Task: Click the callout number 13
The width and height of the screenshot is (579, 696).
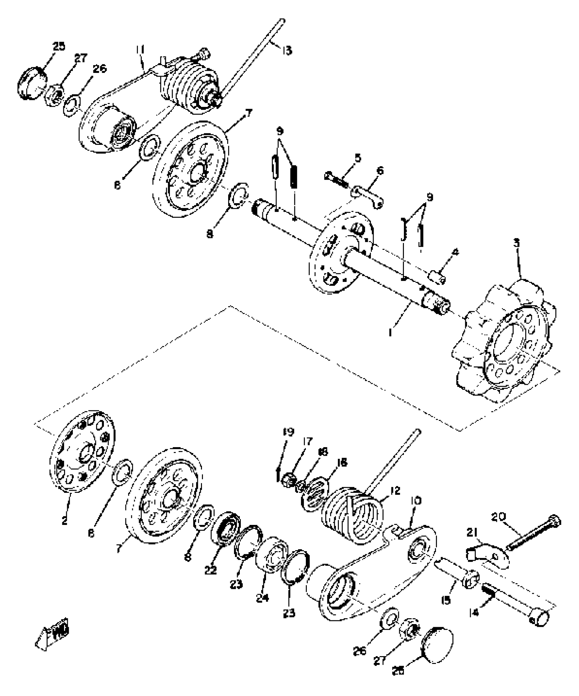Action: tap(287, 51)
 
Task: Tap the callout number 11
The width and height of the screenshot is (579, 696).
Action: tap(140, 50)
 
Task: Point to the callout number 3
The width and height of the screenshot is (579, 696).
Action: tap(517, 243)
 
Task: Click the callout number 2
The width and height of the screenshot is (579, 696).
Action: tap(64, 520)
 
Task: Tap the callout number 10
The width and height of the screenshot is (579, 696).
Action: tap(416, 501)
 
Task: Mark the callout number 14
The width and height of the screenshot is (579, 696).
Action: tap(474, 612)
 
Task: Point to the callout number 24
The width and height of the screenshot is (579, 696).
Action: tap(263, 598)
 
